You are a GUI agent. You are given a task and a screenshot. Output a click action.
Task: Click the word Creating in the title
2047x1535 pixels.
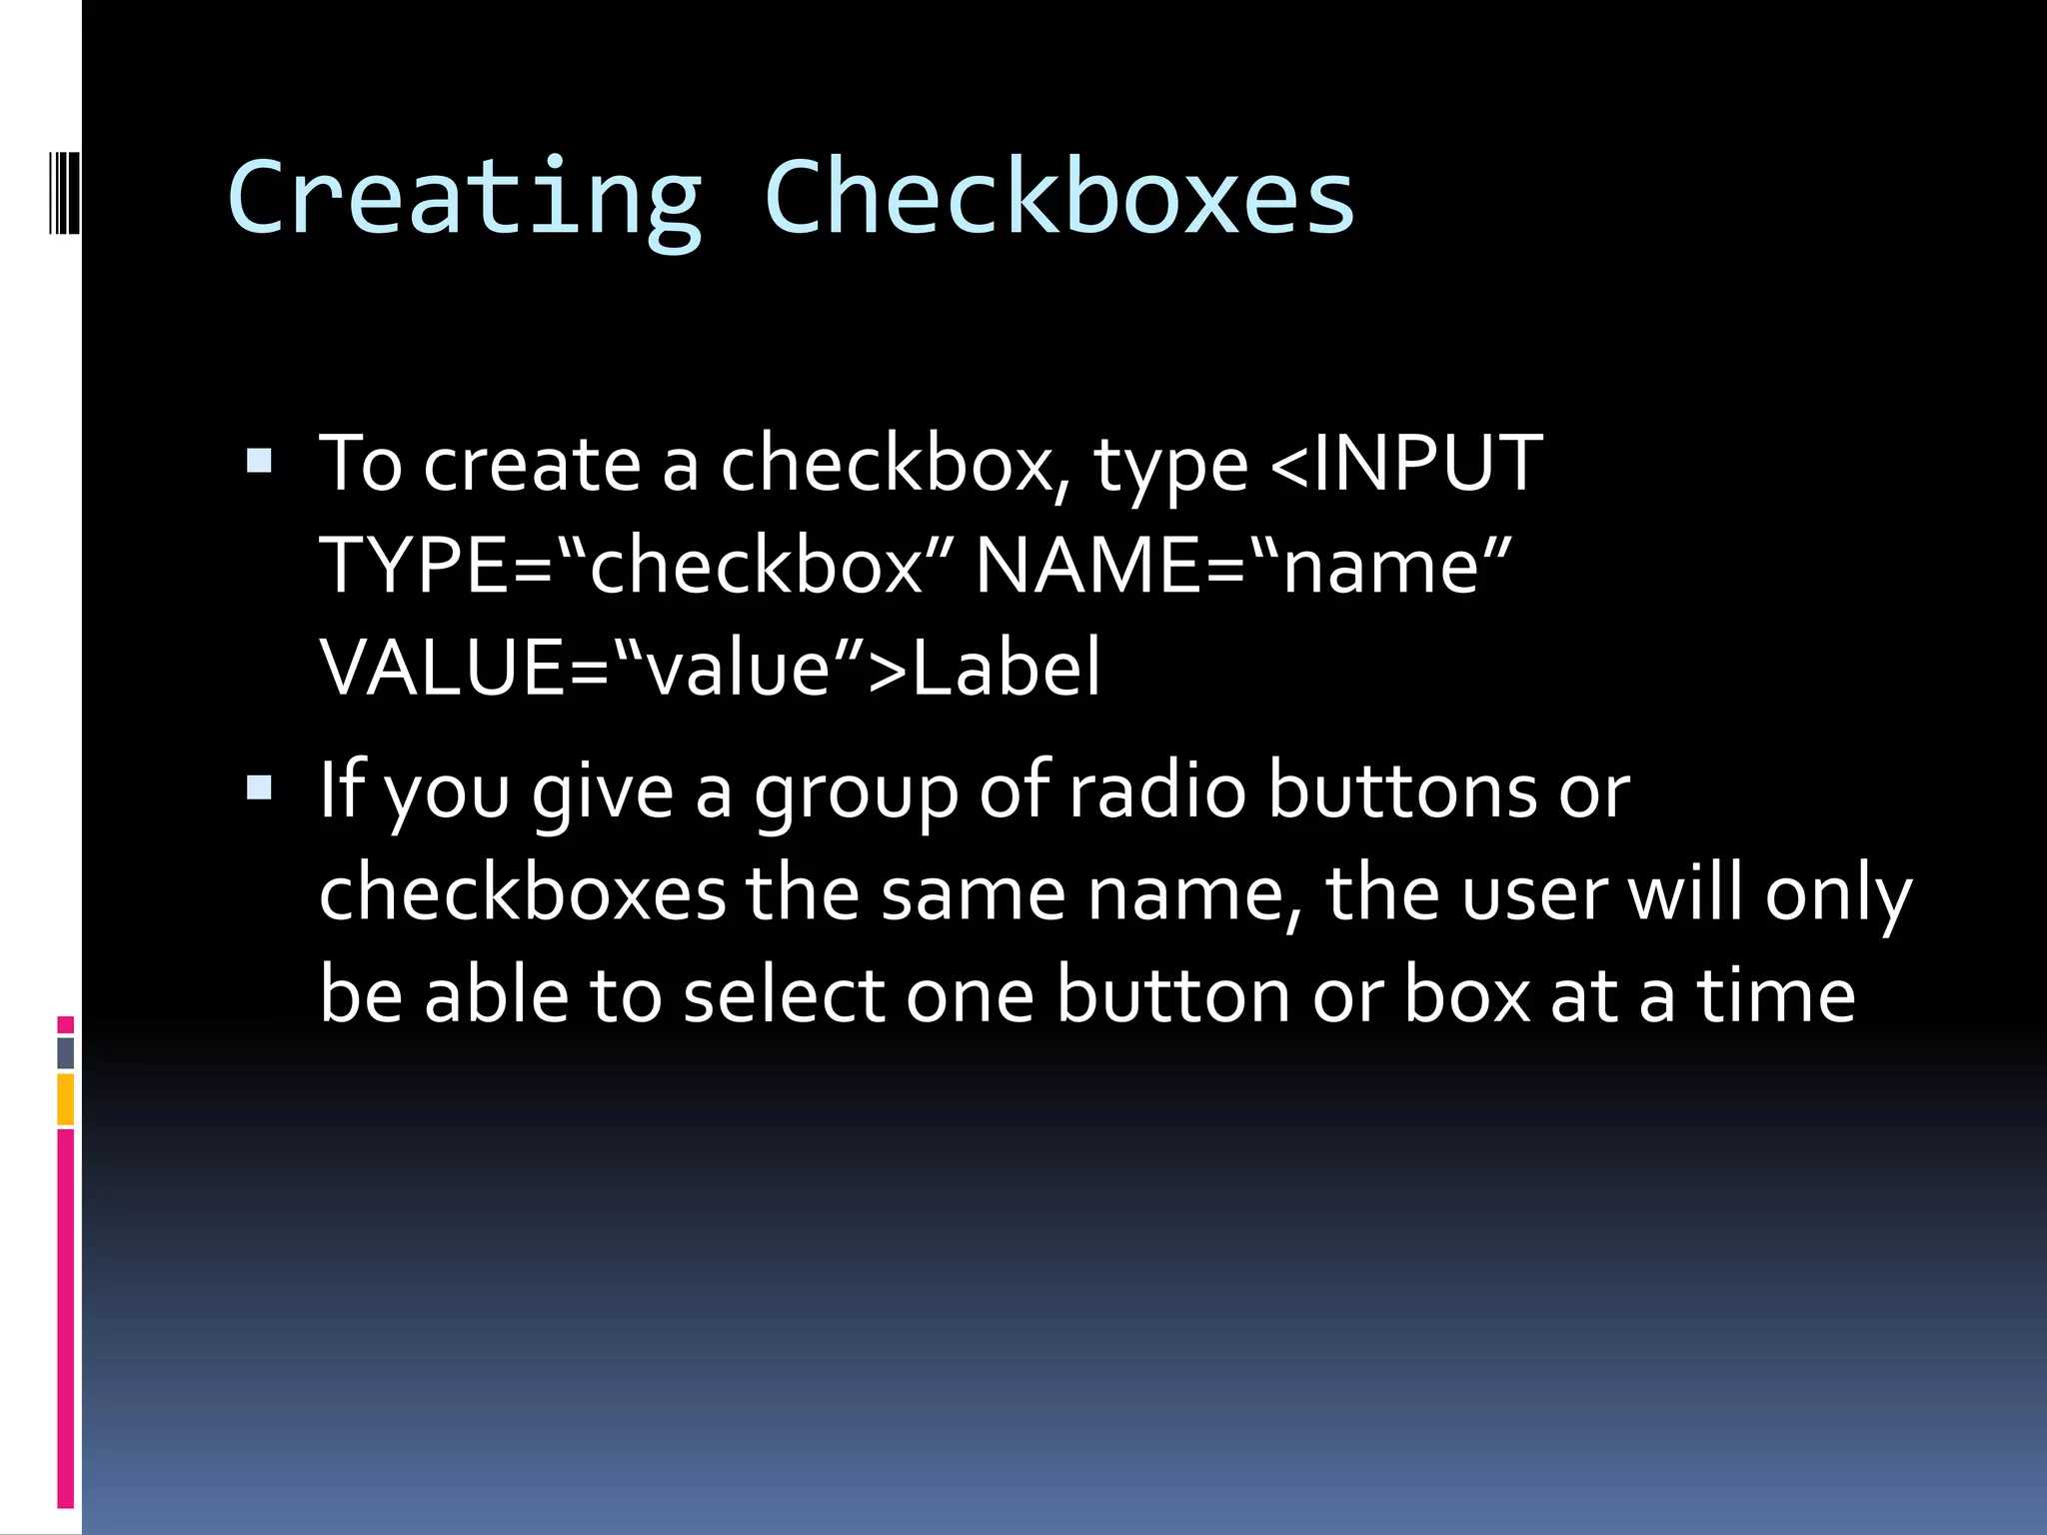pyautogui.click(x=465, y=198)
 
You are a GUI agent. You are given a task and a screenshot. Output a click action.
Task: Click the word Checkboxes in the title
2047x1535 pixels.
pyautogui.click(x=1059, y=198)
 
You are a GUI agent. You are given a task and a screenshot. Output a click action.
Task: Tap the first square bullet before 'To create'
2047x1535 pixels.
pyautogui.click(x=259, y=461)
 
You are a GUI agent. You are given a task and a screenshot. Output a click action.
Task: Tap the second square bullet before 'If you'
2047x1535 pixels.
pyautogui.click(x=259, y=788)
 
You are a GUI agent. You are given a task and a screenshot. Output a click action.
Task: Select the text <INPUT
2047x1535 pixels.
pyautogui.click(x=1406, y=464)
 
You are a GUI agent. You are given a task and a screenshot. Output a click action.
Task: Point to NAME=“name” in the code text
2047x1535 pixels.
pyautogui.click(x=1243, y=566)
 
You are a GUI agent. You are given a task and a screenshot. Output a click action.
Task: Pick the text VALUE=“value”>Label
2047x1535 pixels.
pyautogui.click(x=711, y=668)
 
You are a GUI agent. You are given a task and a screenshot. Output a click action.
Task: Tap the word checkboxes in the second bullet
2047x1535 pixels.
pyautogui.click(x=522, y=893)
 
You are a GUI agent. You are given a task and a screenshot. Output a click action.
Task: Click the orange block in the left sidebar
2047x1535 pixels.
pyautogui.click(x=65, y=1099)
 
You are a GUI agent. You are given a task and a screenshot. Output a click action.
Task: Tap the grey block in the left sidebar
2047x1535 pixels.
pyautogui.click(x=65, y=1053)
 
